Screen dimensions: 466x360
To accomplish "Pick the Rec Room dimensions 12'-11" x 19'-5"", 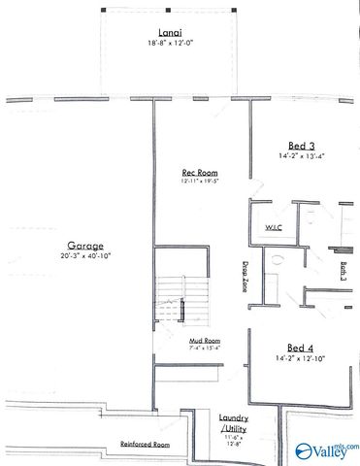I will (x=198, y=181).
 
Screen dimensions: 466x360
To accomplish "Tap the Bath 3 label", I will (x=344, y=273).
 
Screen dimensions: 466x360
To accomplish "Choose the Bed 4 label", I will (x=300, y=347).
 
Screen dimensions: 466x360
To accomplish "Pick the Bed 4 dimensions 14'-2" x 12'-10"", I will (x=300, y=359).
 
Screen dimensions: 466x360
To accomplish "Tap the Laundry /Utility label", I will (x=234, y=423).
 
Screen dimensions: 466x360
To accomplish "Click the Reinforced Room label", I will (x=145, y=444).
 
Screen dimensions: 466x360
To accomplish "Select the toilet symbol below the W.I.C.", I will (x=276, y=260).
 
